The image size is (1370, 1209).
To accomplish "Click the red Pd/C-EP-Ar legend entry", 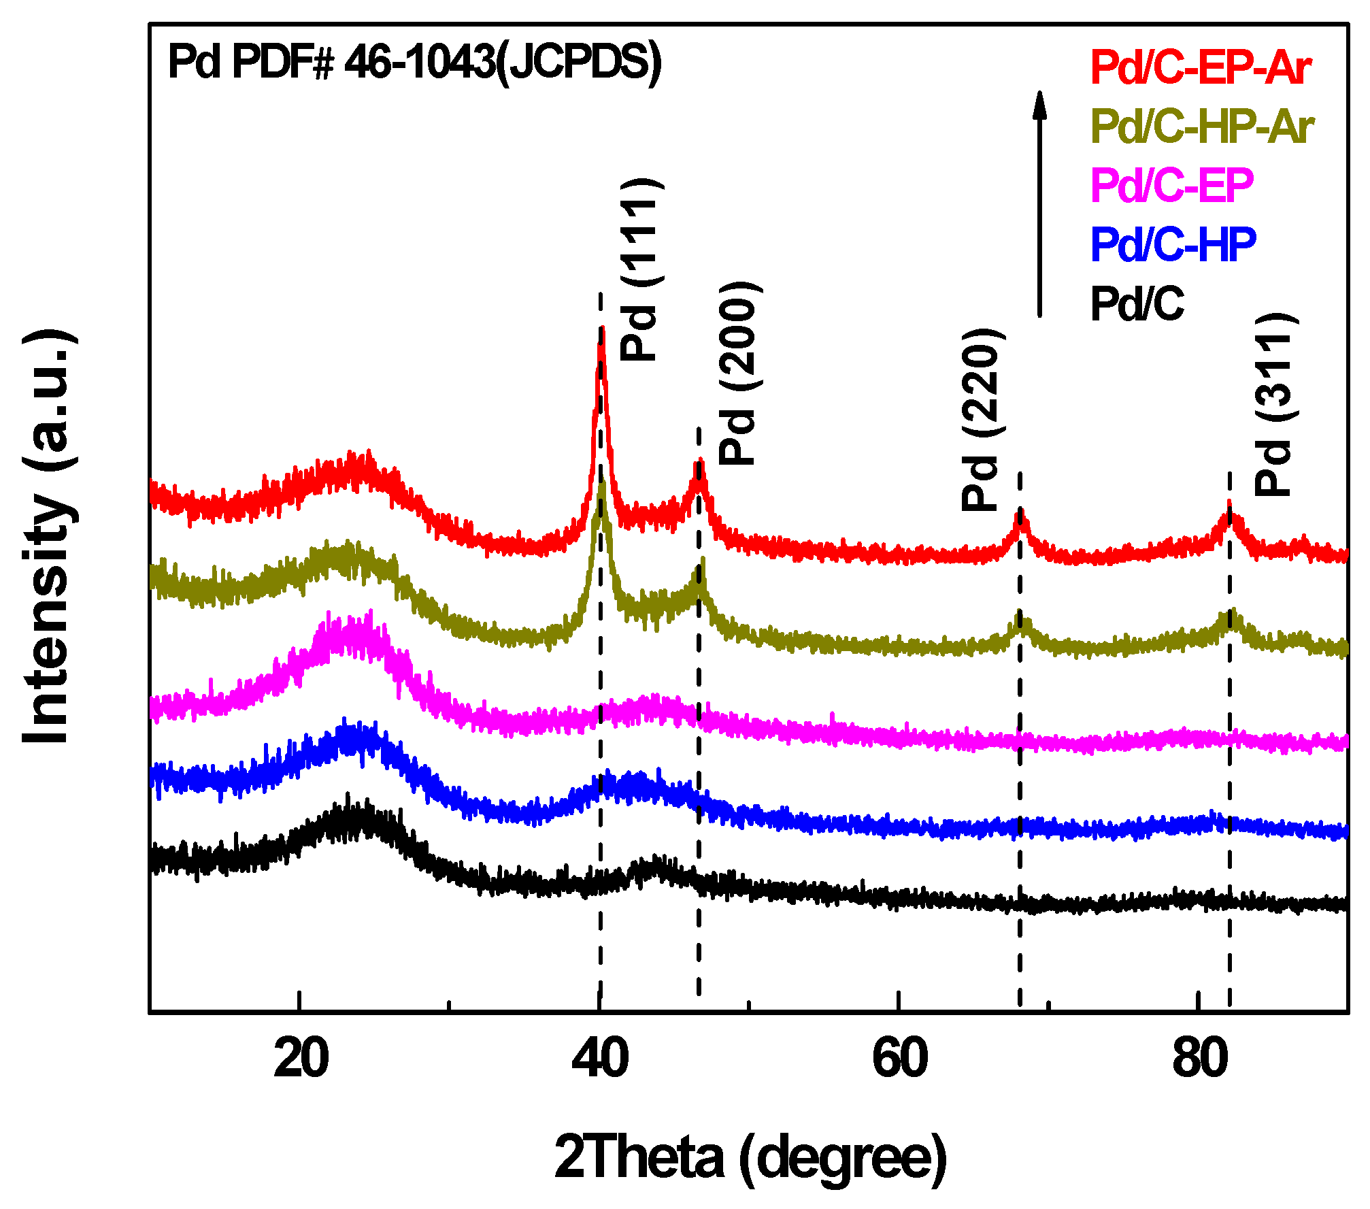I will click(1200, 67).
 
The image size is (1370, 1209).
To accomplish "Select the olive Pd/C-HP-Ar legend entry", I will click(1202, 127).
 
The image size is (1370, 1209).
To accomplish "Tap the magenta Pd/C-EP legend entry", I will click(1171, 185).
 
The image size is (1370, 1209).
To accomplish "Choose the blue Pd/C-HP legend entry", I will click(1173, 244).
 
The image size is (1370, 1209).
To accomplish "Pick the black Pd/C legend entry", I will click(1137, 303).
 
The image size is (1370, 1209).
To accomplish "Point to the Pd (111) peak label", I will click(639, 269).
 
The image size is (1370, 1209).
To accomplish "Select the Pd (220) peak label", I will click(981, 420).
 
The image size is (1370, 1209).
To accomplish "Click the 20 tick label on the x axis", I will click(301, 1059).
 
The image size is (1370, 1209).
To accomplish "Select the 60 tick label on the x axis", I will click(899, 1059).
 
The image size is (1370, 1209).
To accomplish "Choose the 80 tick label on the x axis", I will click(1200, 1059).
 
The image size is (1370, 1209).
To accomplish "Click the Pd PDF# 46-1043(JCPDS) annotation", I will click(414, 63).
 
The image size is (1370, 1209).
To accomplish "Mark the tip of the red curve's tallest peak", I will click(601, 330).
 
